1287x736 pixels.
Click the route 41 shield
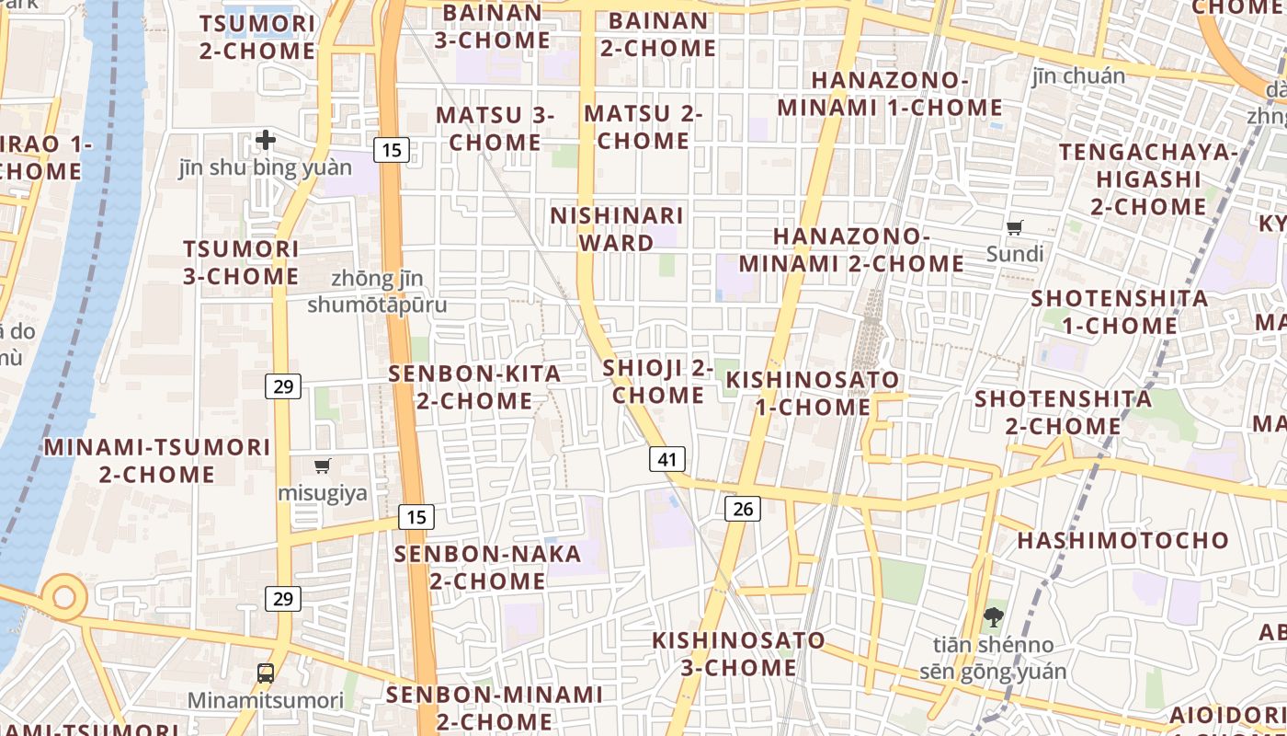667,459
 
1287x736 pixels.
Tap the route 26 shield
743,508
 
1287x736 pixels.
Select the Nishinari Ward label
617,229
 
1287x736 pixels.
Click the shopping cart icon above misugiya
322,466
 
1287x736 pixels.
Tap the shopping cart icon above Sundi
1015,227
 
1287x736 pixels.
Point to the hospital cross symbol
266,140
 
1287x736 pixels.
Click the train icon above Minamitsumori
266,673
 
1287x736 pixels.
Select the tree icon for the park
993,616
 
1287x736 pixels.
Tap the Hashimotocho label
1122,540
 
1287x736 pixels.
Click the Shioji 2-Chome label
658,382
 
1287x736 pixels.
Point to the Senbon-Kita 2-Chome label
474,387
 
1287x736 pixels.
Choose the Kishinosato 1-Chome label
813,393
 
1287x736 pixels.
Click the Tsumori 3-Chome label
241,262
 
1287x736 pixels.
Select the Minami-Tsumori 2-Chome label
157,461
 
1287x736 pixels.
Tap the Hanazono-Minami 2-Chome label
851,250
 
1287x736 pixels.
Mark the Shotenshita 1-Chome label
1119,312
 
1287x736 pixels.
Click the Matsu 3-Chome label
495,129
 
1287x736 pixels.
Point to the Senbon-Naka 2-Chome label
488,568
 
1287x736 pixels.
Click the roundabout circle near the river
63,597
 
